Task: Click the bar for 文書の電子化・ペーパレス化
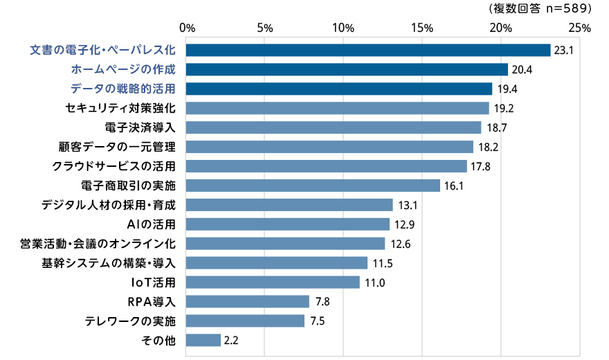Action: click(x=368, y=50)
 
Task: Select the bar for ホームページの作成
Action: click(x=347, y=69)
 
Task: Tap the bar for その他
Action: click(x=203, y=341)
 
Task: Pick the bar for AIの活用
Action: click(x=288, y=224)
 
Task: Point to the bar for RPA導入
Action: click(x=248, y=302)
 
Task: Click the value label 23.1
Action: click(x=563, y=51)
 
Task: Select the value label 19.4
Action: click(x=505, y=89)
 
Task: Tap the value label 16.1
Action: click(x=453, y=186)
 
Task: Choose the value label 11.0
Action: click(x=372, y=282)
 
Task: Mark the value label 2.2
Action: click(x=231, y=341)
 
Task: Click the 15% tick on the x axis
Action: click(x=422, y=28)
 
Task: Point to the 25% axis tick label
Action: click(x=580, y=28)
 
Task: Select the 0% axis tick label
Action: click(x=187, y=28)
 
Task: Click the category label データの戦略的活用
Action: click(x=123, y=89)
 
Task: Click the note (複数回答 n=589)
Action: click(x=540, y=8)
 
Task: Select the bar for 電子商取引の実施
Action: click(x=313, y=186)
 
